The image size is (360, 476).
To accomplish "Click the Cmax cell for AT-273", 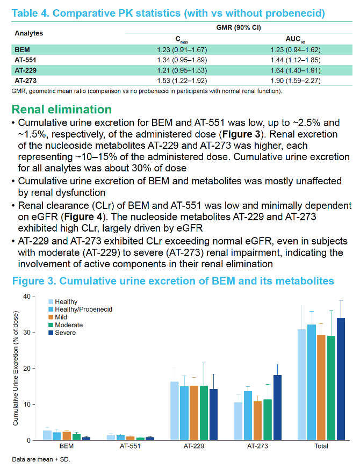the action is [x=182, y=81].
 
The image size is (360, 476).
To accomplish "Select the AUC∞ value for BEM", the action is [x=296, y=50].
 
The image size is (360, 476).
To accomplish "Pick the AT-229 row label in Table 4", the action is [x=25, y=70].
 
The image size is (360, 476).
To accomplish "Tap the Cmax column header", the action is [x=182, y=40].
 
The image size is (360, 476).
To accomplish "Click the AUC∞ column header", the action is [x=296, y=39].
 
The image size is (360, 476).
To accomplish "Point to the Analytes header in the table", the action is [x=29, y=33].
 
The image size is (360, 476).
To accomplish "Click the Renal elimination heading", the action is [x=62, y=109].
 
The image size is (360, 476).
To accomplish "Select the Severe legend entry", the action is [x=62, y=333].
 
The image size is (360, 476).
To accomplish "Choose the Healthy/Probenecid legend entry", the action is [x=81, y=309].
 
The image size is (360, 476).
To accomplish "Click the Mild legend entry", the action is [x=57, y=317].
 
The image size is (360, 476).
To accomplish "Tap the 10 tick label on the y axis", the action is [x=27, y=405].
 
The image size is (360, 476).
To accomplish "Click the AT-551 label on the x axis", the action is [x=130, y=446].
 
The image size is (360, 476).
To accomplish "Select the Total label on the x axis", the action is [x=321, y=446].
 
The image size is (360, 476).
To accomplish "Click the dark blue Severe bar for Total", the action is [x=341, y=379].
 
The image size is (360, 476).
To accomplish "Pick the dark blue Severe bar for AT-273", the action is [x=277, y=408].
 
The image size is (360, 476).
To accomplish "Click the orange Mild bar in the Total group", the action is [x=321, y=388].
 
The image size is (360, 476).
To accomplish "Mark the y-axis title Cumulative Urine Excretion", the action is [x=16, y=368].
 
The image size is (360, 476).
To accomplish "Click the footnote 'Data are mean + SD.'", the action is [x=41, y=459].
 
